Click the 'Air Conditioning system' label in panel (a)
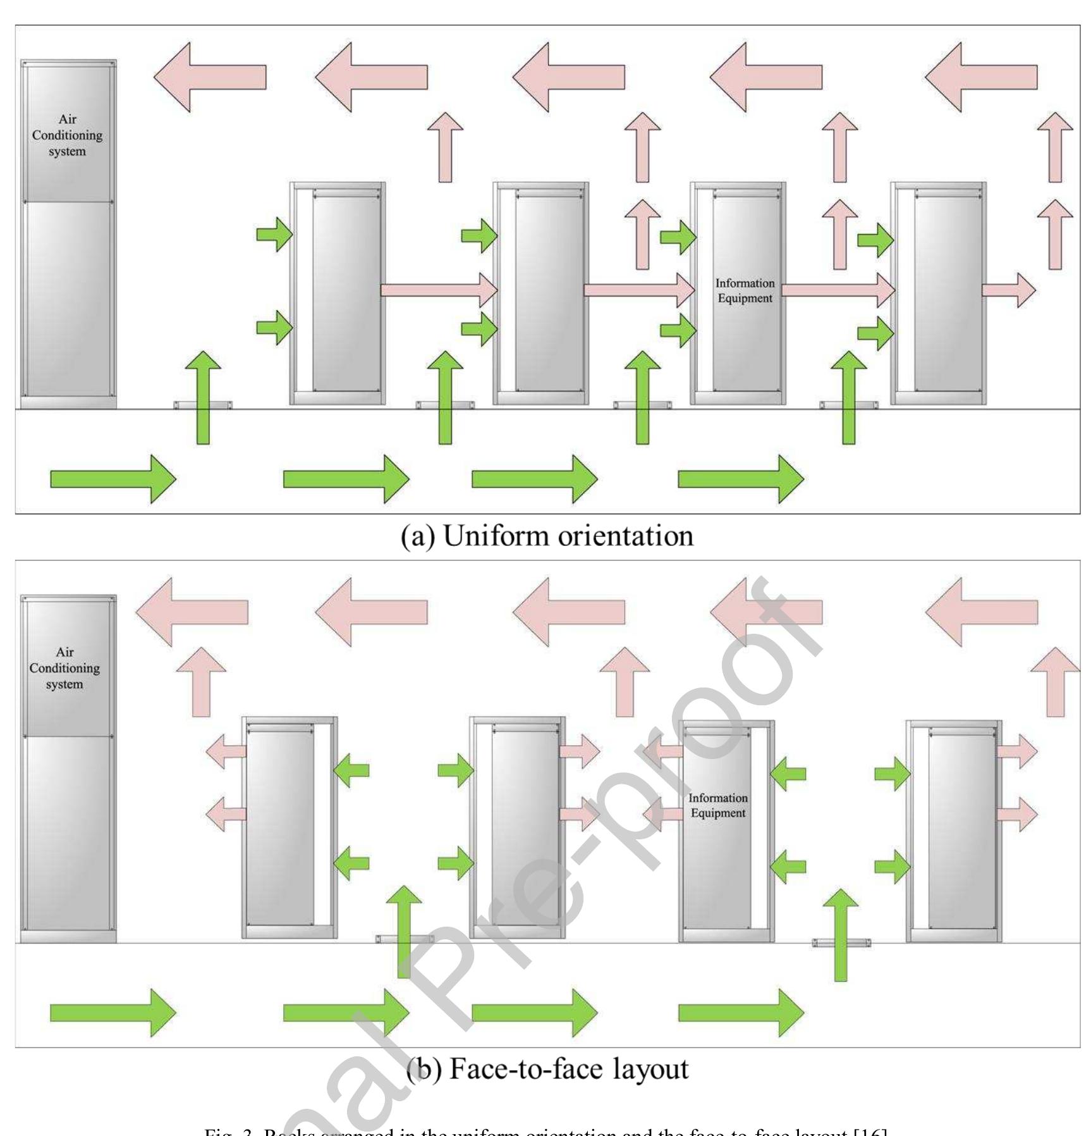(67, 135)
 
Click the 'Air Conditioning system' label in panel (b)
(64, 668)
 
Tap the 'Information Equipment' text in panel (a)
(745, 291)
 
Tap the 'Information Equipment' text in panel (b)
(718, 805)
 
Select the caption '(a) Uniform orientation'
(547, 536)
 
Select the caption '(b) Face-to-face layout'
(547, 1068)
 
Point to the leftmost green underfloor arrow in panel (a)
(113, 479)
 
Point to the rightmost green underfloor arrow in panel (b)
(740, 1013)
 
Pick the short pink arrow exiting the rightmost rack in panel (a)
(1008, 290)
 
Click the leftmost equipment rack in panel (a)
(338, 293)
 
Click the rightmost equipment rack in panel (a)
(939, 293)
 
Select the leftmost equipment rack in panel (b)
(290, 827)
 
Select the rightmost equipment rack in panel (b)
(954, 830)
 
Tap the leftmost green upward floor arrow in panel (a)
(203, 397)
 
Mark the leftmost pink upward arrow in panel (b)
(201, 682)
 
